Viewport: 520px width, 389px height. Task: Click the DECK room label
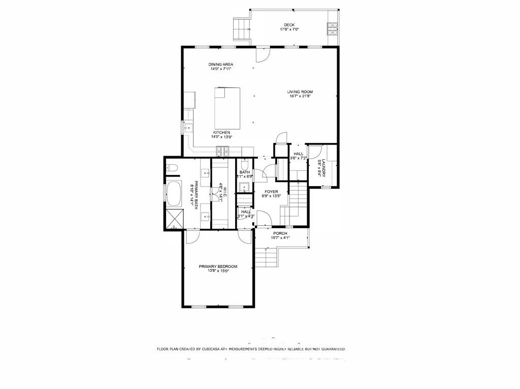click(289, 25)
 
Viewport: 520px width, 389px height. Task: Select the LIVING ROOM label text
click(300, 92)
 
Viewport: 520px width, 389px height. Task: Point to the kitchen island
click(227, 108)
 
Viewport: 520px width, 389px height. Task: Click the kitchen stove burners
click(222, 150)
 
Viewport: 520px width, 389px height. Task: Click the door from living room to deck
click(263, 54)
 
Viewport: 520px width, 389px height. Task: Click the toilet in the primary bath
click(171, 167)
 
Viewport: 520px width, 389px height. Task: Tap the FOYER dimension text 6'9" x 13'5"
click(271, 196)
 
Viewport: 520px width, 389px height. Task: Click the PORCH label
click(279, 233)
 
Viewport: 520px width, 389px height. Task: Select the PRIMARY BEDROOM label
click(218, 266)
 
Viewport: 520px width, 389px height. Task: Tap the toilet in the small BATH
click(244, 165)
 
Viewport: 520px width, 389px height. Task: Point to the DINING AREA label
click(221, 64)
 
